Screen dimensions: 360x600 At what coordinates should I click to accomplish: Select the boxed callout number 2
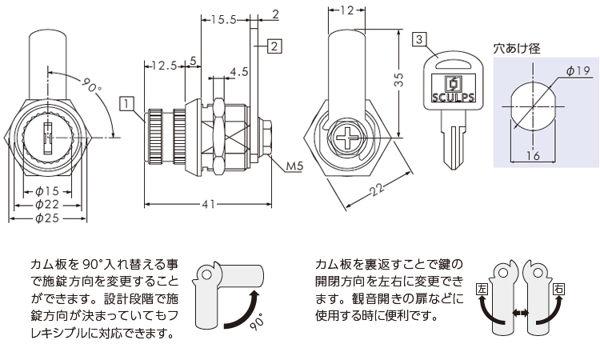click(x=274, y=46)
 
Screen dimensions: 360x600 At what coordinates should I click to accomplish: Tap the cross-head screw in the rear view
click(x=350, y=138)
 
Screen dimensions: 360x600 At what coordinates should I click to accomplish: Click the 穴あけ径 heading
click(x=517, y=48)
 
